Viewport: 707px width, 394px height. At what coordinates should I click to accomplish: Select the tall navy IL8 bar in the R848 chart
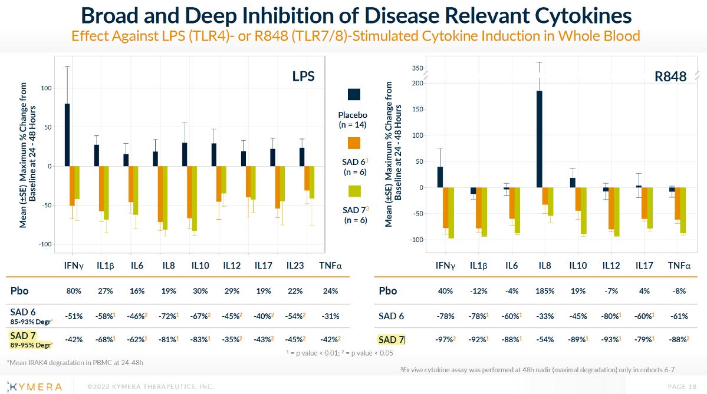click(539, 139)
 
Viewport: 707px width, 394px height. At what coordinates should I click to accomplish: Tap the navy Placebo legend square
click(354, 94)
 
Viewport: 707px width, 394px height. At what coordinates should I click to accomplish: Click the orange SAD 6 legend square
click(354, 143)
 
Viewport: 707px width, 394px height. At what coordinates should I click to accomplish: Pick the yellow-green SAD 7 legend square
click(354, 191)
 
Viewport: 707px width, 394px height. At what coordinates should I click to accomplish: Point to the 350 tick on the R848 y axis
click(417, 69)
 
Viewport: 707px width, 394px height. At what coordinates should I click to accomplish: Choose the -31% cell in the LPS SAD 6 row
click(328, 316)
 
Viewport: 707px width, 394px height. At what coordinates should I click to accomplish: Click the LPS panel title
click(303, 77)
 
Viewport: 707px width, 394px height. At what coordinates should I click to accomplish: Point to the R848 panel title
click(671, 77)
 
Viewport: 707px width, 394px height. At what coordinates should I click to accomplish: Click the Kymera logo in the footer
click(37, 386)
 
